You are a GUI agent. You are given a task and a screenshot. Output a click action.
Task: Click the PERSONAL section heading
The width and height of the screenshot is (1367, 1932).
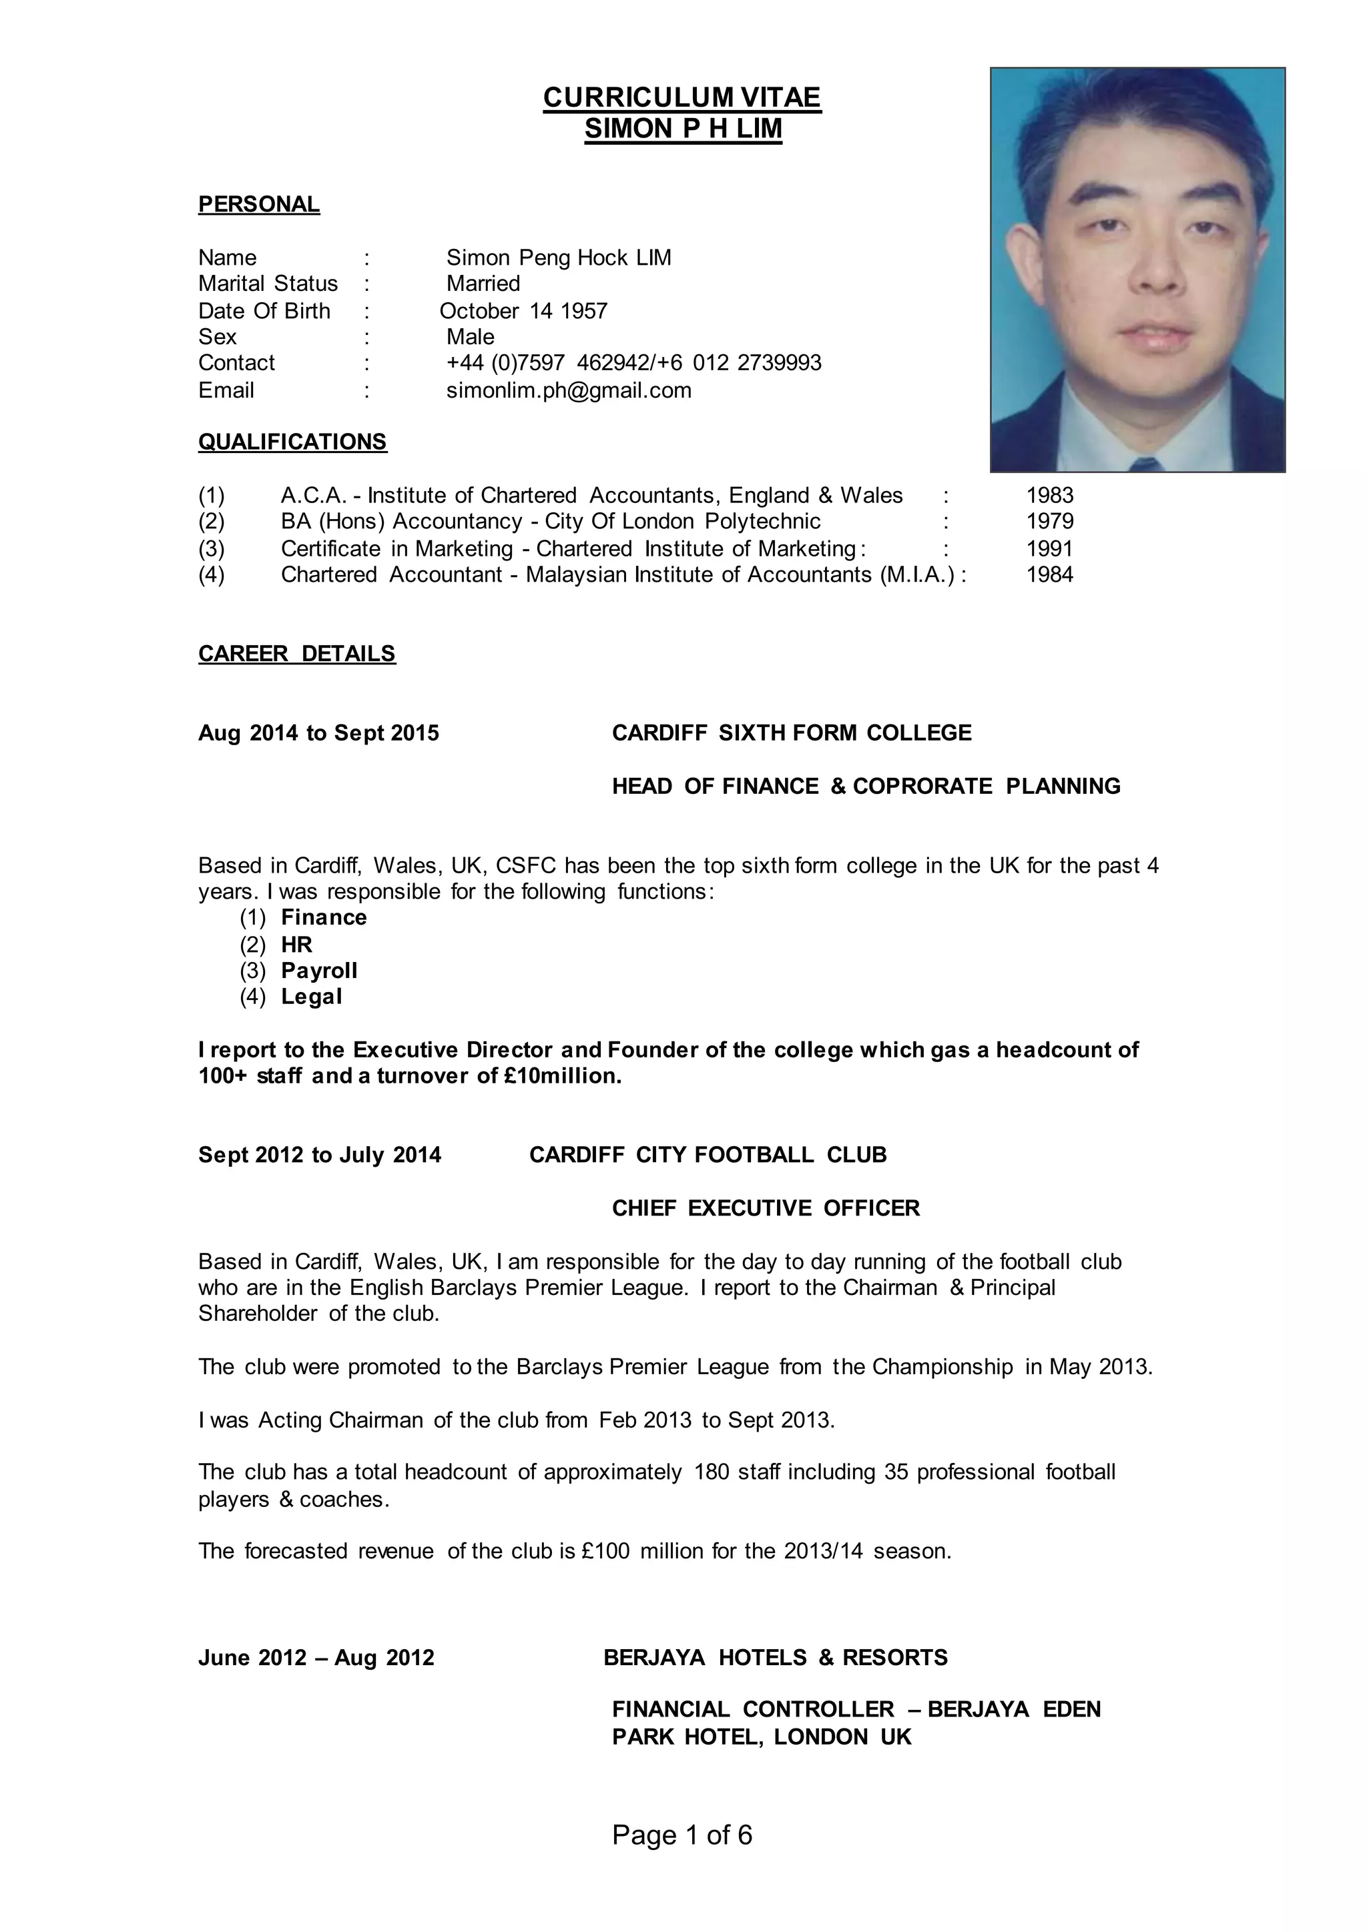pyautogui.click(x=258, y=205)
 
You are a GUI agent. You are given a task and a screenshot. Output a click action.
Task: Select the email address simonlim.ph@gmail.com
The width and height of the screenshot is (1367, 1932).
pyautogui.click(x=568, y=390)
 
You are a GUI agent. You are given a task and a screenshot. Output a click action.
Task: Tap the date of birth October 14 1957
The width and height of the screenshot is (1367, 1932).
pyautogui.click(x=523, y=312)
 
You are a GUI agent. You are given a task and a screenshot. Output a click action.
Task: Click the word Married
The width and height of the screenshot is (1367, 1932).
pyautogui.click(x=483, y=284)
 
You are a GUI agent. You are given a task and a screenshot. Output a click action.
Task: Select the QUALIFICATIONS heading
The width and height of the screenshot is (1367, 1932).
pyautogui.click(x=292, y=442)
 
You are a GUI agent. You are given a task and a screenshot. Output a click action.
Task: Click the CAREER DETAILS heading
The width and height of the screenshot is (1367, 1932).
pyautogui.click(x=296, y=654)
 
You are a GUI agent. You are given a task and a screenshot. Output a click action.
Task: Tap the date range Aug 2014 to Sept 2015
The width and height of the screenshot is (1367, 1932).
pyautogui.click(x=318, y=733)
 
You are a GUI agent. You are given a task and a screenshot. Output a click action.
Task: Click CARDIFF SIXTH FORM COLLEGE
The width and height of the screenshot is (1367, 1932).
pyautogui.click(x=791, y=733)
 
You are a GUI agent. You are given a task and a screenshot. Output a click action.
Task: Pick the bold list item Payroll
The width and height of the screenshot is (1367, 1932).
pyautogui.click(x=319, y=971)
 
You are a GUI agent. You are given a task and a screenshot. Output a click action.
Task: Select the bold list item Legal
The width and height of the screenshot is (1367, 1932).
pyautogui.click(x=312, y=997)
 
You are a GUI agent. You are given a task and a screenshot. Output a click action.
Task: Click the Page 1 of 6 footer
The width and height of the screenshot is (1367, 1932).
pyautogui.click(x=681, y=1835)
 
